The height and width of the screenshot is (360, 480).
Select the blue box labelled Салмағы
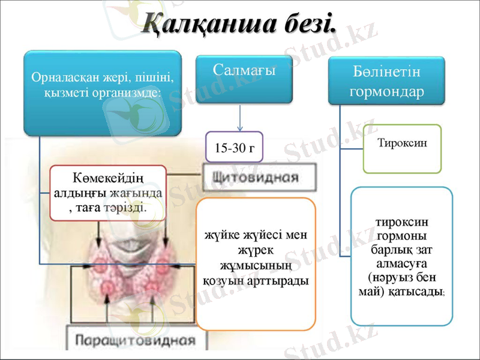point(244,78)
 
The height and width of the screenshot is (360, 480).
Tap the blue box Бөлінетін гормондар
point(386,81)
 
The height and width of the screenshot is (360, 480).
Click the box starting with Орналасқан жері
point(102,92)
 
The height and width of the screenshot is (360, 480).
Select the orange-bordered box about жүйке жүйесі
point(256,264)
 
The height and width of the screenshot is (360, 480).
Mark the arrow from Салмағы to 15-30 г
point(240,119)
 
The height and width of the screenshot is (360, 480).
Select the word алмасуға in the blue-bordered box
point(401,264)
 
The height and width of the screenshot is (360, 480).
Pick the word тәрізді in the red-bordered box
point(128,206)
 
